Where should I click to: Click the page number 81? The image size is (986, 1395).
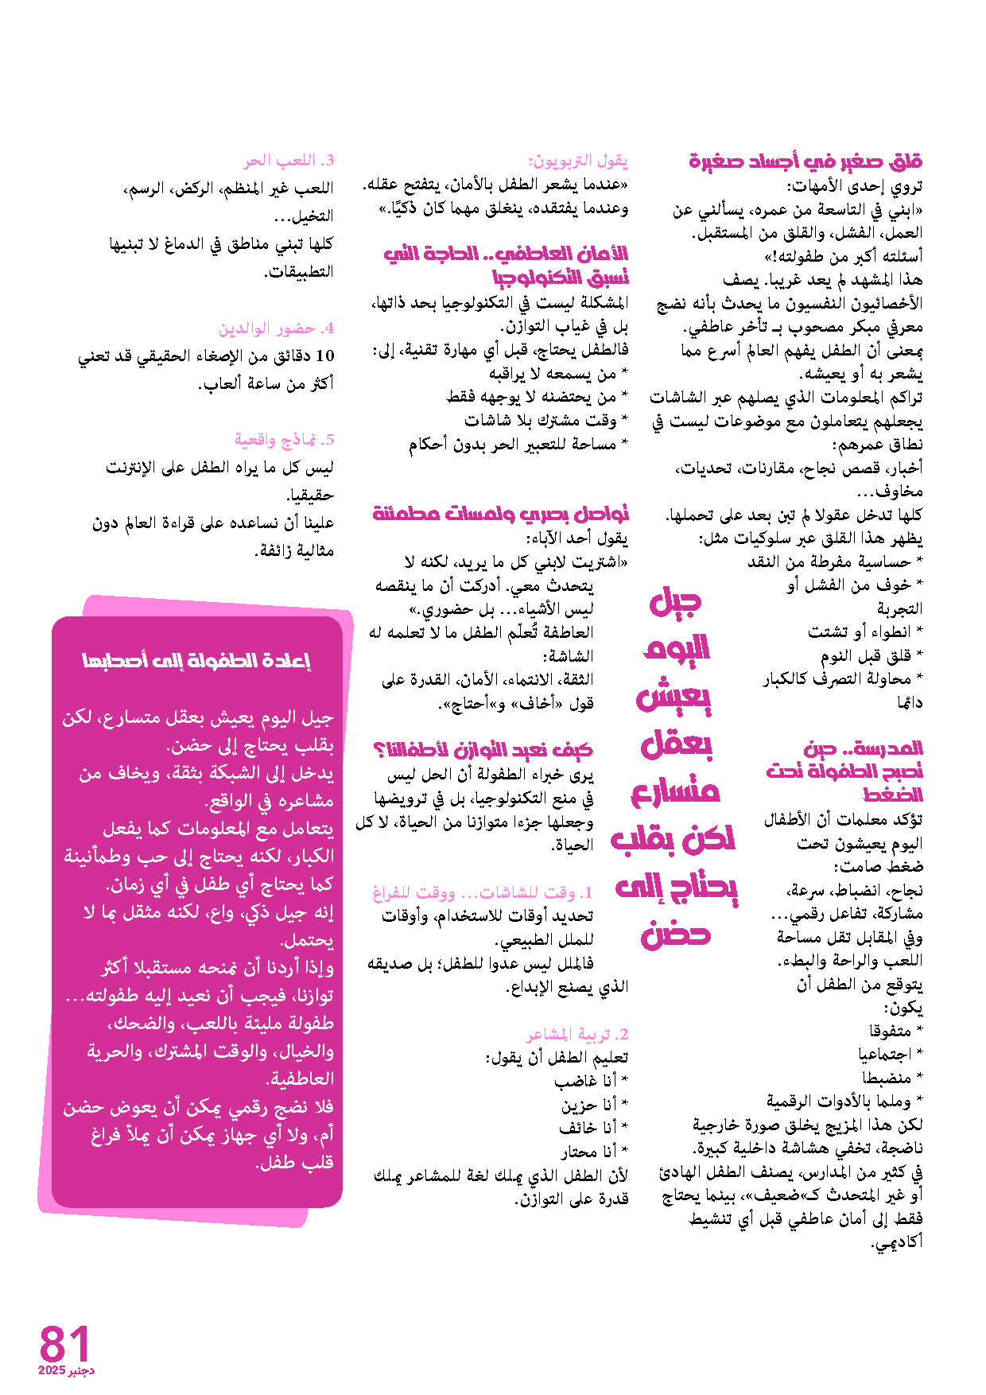point(64,1343)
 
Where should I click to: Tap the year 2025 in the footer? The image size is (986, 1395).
point(52,1371)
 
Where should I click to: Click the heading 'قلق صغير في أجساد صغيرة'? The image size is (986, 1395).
point(805,161)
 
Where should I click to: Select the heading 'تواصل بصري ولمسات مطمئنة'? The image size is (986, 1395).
point(501,513)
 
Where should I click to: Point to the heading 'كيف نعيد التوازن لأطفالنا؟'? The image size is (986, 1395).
point(483,749)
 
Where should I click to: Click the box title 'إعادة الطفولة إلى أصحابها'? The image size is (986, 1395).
point(196,660)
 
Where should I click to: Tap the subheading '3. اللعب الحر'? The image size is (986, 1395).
point(289,161)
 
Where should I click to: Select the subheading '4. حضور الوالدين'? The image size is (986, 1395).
point(276,328)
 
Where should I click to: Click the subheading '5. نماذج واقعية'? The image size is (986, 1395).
point(284,440)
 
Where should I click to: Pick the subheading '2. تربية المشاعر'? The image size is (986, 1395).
point(577,1035)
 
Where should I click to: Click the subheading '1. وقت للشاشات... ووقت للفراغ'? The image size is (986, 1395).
point(483,892)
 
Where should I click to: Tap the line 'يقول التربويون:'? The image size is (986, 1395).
point(578,161)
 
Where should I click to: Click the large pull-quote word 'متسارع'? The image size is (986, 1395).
point(675,791)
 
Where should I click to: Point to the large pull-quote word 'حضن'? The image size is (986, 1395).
point(675,935)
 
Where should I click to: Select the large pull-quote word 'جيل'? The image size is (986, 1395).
point(675,602)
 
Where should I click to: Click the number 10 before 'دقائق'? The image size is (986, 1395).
point(324,356)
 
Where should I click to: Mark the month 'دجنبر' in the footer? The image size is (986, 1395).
point(80,1371)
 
